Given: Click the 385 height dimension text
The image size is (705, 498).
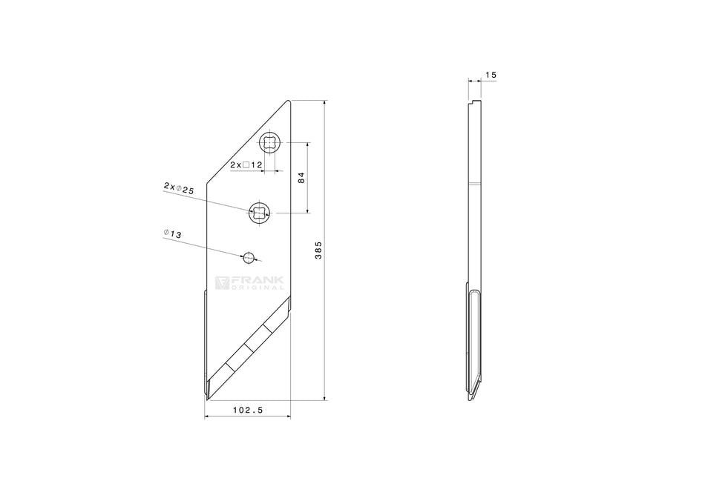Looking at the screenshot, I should pyautogui.click(x=318, y=250).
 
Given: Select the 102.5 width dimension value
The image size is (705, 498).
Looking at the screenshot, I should pyautogui.click(x=248, y=409).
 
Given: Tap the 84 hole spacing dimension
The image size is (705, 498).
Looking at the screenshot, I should pyautogui.click(x=301, y=178).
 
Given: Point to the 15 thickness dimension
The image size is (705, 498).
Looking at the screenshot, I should pyautogui.click(x=491, y=75).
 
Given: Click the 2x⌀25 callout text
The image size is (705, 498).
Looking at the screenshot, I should pyautogui.click(x=178, y=189).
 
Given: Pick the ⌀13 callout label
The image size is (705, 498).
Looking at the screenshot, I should pyautogui.click(x=172, y=235).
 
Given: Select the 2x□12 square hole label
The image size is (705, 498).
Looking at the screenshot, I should pyautogui.click(x=246, y=165).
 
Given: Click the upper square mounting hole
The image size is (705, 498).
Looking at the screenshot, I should pyautogui.click(x=270, y=143).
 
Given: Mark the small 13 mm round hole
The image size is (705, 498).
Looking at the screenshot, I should pyautogui.click(x=249, y=257).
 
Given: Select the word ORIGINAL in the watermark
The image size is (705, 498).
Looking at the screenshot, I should pyautogui.click(x=253, y=288).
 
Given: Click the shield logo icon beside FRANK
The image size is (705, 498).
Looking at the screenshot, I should pyautogui.click(x=222, y=283).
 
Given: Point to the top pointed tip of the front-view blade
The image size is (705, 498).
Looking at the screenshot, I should pyautogui.click(x=289, y=102).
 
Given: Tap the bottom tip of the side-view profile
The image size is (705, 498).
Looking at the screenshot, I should pyautogui.click(x=470, y=399).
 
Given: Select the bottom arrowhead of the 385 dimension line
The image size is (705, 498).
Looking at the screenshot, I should pyautogui.click(x=325, y=398).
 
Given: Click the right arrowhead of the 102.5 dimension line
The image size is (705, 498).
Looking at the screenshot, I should pyautogui.click(x=289, y=416).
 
